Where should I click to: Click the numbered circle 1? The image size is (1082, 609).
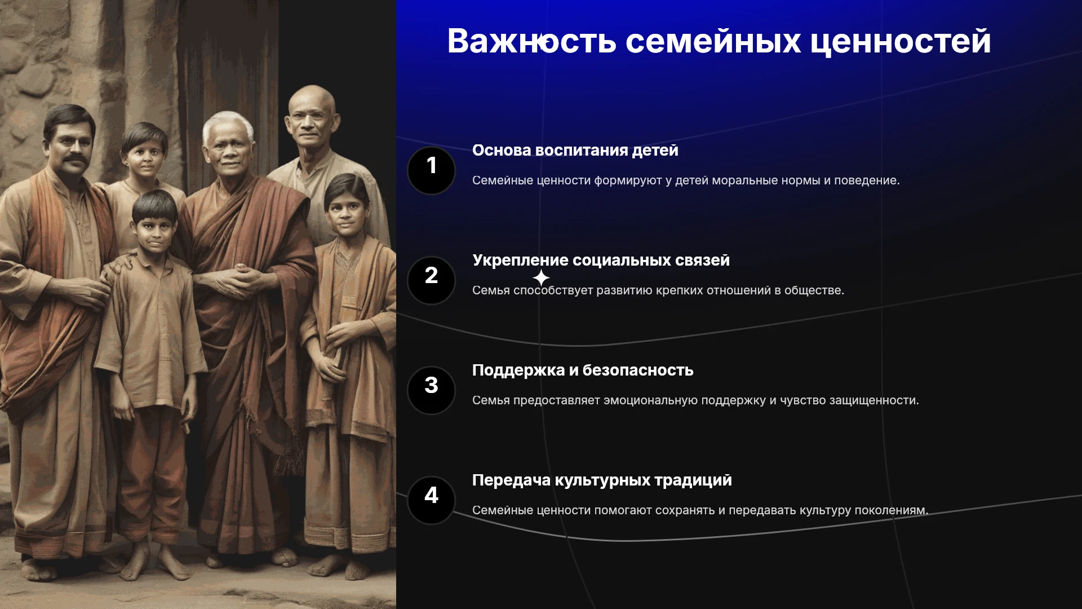(x=431, y=171)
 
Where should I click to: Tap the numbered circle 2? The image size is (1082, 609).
(x=431, y=281)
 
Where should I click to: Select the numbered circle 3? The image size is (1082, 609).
(x=431, y=391)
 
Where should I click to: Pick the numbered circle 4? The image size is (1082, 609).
(x=431, y=501)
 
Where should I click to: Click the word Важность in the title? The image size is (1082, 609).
(x=531, y=41)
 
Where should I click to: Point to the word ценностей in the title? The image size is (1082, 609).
(x=900, y=42)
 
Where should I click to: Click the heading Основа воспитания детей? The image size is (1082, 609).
(x=575, y=151)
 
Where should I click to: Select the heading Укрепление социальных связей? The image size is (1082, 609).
(x=601, y=261)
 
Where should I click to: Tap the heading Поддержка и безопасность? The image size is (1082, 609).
(x=583, y=370)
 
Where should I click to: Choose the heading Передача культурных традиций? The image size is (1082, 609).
(x=602, y=480)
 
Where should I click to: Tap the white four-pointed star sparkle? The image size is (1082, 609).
(x=541, y=278)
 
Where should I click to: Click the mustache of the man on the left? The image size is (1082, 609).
(x=73, y=162)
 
